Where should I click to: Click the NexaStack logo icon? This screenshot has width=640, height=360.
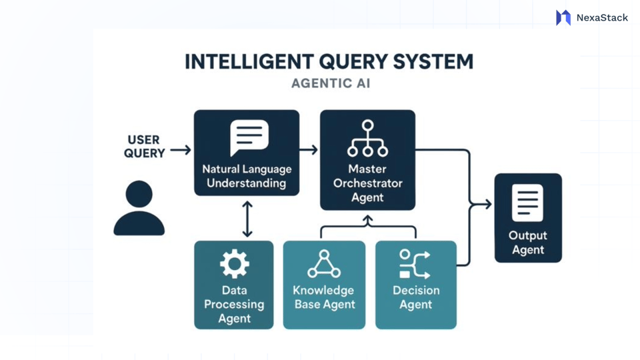pyautogui.click(x=563, y=17)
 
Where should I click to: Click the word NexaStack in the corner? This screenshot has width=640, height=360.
pyautogui.click(x=602, y=18)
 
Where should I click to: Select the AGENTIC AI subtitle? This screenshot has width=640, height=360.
pyautogui.click(x=331, y=83)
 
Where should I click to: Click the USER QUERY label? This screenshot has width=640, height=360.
pyautogui.click(x=144, y=147)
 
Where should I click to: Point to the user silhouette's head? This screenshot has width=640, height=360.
pyautogui.click(x=139, y=194)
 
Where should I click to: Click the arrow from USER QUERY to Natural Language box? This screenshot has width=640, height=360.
pyautogui.click(x=180, y=150)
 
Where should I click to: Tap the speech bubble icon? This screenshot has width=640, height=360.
pyautogui.click(x=249, y=137)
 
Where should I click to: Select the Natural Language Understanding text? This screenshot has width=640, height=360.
pyautogui.click(x=247, y=176)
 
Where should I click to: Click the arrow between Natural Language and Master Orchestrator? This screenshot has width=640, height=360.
pyautogui.click(x=309, y=150)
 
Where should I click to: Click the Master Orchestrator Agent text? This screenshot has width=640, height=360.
pyautogui.click(x=367, y=183)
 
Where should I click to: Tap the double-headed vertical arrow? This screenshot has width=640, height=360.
pyautogui.click(x=247, y=219)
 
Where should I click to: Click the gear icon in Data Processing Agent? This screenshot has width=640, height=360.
pyautogui.click(x=234, y=264)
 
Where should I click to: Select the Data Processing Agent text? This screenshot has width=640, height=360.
pyautogui.click(x=234, y=304)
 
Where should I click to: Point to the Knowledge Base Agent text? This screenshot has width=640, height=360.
pyautogui.click(x=324, y=297)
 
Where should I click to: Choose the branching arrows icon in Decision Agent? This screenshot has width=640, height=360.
pyautogui.click(x=415, y=264)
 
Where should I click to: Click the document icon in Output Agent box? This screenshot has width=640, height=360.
pyautogui.click(x=527, y=203)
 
